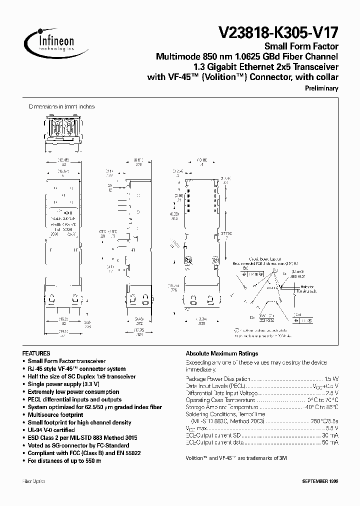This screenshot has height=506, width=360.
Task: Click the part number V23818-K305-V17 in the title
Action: pyautogui.click(x=278, y=34)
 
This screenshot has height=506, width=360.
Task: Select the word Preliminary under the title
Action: pyautogui.click(x=321, y=88)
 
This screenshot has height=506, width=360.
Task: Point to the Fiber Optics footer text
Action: pyautogui.click(x=33, y=481)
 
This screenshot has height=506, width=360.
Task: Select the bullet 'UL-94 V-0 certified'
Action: pyautogui.click(x=51, y=430)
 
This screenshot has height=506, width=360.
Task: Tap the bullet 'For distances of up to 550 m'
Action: pyautogui.click(x=64, y=460)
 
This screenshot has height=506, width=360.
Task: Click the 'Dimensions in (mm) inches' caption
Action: pyautogui.click(x=61, y=106)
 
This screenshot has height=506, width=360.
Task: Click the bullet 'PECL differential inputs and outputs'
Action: pyautogui.click(x=74, y=399)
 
